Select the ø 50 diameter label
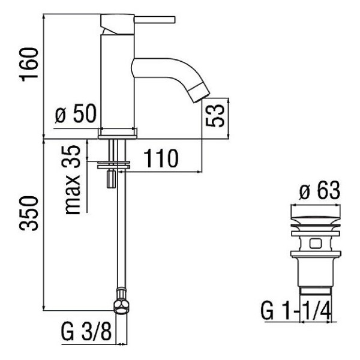click(x=76, y=114)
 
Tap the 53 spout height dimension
click(x=215, y=115)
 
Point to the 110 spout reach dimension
click(x=161, y=158)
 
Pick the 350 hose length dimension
click(x=28, y=213)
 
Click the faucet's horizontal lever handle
click(x=155, y=20)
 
